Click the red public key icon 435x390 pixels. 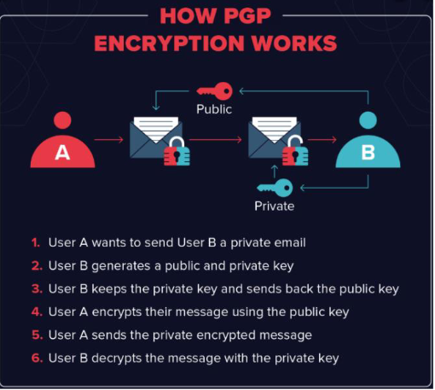point(215,91)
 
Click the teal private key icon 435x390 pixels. point(275,188)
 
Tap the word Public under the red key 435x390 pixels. point(214,109)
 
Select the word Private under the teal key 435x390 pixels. point(275,207)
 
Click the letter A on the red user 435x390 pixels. point(62,153)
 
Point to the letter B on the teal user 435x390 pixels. point(368,153)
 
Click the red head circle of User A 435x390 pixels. point(62,120)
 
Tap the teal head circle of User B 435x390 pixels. point(368,120)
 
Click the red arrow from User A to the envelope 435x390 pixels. point(109,140)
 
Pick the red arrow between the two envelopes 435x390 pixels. point(216,140)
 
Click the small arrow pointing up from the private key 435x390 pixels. point(275,172)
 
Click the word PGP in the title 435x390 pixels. point(244,16)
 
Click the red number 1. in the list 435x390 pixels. point(36,243)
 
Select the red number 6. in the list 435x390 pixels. point(38,358)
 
